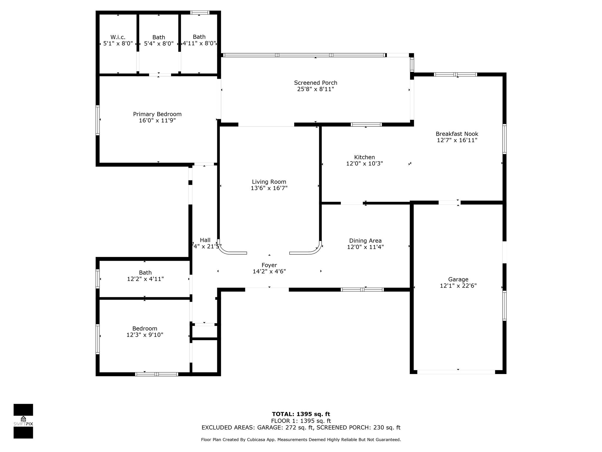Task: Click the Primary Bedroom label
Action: pyautogui.click(x=157, y=114)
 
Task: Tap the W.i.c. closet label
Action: pyautogui.click(x=118, y=37)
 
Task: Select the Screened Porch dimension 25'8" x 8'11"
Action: pyautogui.click(x=315, y=89)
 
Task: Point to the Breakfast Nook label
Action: pyautogui.click(x=457, y=134)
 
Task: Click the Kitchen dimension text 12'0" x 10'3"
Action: pyautogui.click(x=364, y=164)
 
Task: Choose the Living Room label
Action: pyautogui.click(x=269, y=182)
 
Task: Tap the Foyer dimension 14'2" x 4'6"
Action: pyautogui.click(x=269, y=271)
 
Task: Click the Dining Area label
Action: pyautogui.click(x=365, y=241)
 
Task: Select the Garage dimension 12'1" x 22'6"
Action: pyautogui.click(x=458, y=286)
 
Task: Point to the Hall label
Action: pyautogui.click(x=205, y=240)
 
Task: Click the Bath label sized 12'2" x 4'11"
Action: pyautogui.click(x=145, y=273)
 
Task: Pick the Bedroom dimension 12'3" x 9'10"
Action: pyautogui.click(x=145, y=335)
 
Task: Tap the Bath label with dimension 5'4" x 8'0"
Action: pyautogui.click(x=159, y=37)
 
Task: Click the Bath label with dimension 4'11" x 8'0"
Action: pyautogui.click(x=199, y=37)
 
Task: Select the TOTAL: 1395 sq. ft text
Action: pyautogui.click(x=301, y=414)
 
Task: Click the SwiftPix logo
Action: pyautogui.click(x=23, y=421)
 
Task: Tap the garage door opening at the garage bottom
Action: pyautogui.click(x=456, y=372)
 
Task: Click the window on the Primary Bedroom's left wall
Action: pyautogui.click(x=98, y=120)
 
